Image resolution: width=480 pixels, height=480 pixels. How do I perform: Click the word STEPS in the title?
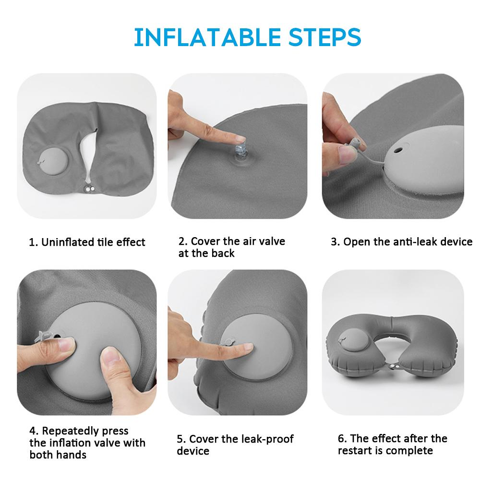(x=325, y=37)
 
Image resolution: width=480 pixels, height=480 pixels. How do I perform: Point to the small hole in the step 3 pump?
(x=398, y=150)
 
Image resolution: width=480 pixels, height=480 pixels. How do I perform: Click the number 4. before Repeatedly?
(x=34, y=431)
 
